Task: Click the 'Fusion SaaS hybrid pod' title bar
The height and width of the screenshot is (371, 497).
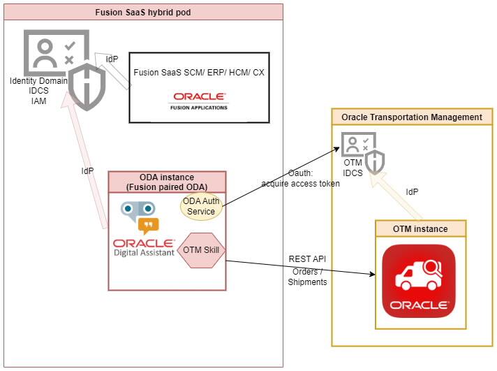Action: (x=142, y=12)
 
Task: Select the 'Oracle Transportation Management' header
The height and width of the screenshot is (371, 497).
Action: (x=412, y=117)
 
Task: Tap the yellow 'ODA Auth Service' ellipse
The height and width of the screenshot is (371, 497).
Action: (x=199, y=207)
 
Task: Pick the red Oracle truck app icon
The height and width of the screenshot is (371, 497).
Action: (x=418, y=280)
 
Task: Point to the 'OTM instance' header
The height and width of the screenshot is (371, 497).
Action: (x=420, y=228)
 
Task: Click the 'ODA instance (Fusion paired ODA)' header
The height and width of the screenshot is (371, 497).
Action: (x=167, y=182)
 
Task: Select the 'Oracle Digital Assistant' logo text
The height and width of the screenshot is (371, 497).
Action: (x=144, y=247)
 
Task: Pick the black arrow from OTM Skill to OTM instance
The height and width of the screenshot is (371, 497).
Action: (x=300, y=268)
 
